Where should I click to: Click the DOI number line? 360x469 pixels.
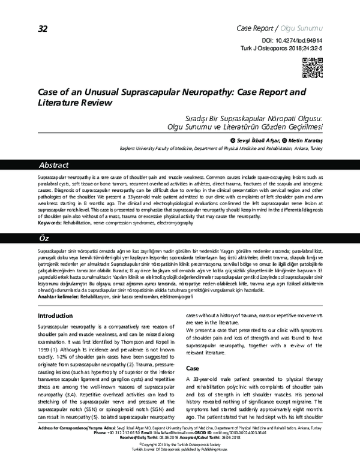click(296, 38)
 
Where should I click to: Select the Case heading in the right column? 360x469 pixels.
click(192, 368)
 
